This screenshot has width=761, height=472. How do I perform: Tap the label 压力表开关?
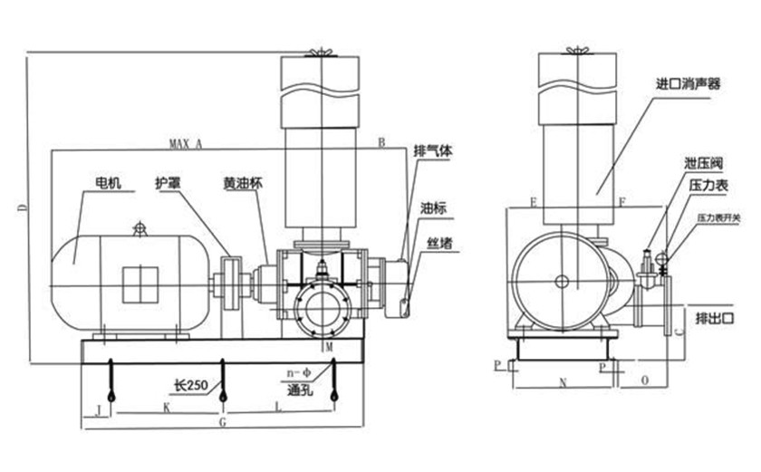(x=718, y=217)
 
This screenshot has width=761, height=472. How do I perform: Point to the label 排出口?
(x=713, y=319)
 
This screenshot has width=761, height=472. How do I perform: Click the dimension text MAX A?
(x=186, y=143)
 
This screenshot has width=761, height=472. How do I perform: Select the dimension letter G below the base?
(x=223, y=422)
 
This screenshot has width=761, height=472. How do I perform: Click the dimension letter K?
(x=167, y=409)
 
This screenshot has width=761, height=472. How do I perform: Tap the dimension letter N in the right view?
(x=563, y=384)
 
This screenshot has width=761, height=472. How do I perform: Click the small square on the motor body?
(x=140, y=283)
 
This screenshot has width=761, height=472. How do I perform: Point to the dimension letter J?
(x=97, y=409)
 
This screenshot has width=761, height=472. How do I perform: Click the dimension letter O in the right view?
(x=643, y=384)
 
